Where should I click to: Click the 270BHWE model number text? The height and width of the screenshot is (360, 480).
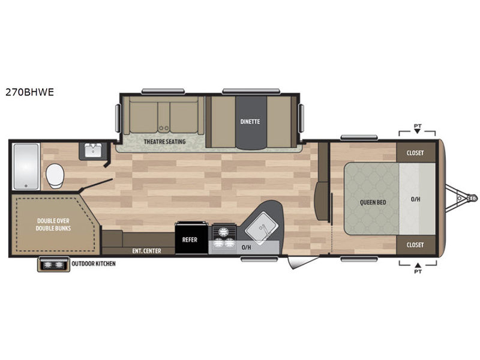tap(29, 92)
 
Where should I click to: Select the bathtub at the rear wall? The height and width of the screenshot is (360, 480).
tap(26, 167)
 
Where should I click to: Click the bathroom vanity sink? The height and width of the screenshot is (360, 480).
tap(93, 151)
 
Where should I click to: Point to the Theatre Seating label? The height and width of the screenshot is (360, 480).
tap(164, 142)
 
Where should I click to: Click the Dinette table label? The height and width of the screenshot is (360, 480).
tap(250, 122)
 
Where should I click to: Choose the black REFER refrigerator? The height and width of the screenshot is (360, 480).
tap(191, 238)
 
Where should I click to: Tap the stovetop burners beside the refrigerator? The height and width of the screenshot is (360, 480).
tap(224, 236)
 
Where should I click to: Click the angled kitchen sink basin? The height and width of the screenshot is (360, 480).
tap(262, 229)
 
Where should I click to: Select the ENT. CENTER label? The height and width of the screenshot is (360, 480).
tap(146, 251)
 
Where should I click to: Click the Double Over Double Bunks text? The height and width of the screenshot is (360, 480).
tap(53, 224)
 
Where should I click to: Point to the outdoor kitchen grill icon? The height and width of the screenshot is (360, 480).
tap(54, 265)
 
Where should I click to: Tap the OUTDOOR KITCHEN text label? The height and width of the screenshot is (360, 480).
tap(94, 263)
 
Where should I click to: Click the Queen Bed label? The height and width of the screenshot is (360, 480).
tap(373, 202)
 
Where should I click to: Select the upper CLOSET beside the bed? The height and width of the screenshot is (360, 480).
tap(416, 152)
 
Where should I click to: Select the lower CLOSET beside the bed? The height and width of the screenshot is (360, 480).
tap(416, 245)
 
